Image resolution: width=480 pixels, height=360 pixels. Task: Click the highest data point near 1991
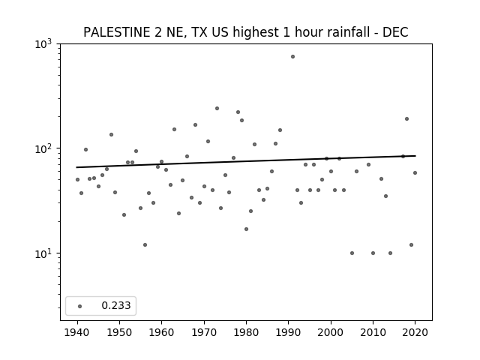(292, 57)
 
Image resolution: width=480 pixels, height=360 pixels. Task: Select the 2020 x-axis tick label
(415, 332)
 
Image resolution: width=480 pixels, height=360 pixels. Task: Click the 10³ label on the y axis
(43, 44)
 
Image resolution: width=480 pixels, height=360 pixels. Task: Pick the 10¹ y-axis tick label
(43, 253)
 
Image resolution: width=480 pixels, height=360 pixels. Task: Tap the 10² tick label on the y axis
(43, 149)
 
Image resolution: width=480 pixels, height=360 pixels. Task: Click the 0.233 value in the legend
(116, 305)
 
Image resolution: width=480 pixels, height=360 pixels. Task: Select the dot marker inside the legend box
(80, 306)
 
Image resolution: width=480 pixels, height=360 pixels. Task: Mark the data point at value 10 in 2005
(352, 253)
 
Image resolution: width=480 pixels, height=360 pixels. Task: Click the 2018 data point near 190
(406, 118)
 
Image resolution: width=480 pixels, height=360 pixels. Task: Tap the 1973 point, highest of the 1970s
(217, 108)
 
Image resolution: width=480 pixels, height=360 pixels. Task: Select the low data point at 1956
(145, 245)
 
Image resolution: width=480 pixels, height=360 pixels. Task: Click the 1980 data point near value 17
(247, 229)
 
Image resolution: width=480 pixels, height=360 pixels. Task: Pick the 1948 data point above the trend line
(112, 135)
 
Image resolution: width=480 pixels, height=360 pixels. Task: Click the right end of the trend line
(415, 156)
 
